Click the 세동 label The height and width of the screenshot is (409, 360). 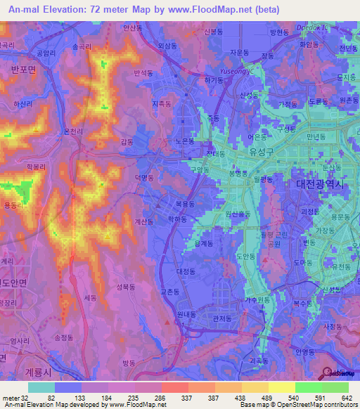[x=90, y=297]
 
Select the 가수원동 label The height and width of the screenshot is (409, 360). [x=257, y=299]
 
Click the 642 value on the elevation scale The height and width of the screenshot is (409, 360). [x=346, y=397]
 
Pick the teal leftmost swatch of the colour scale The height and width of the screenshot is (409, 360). [x=41, y=387]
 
